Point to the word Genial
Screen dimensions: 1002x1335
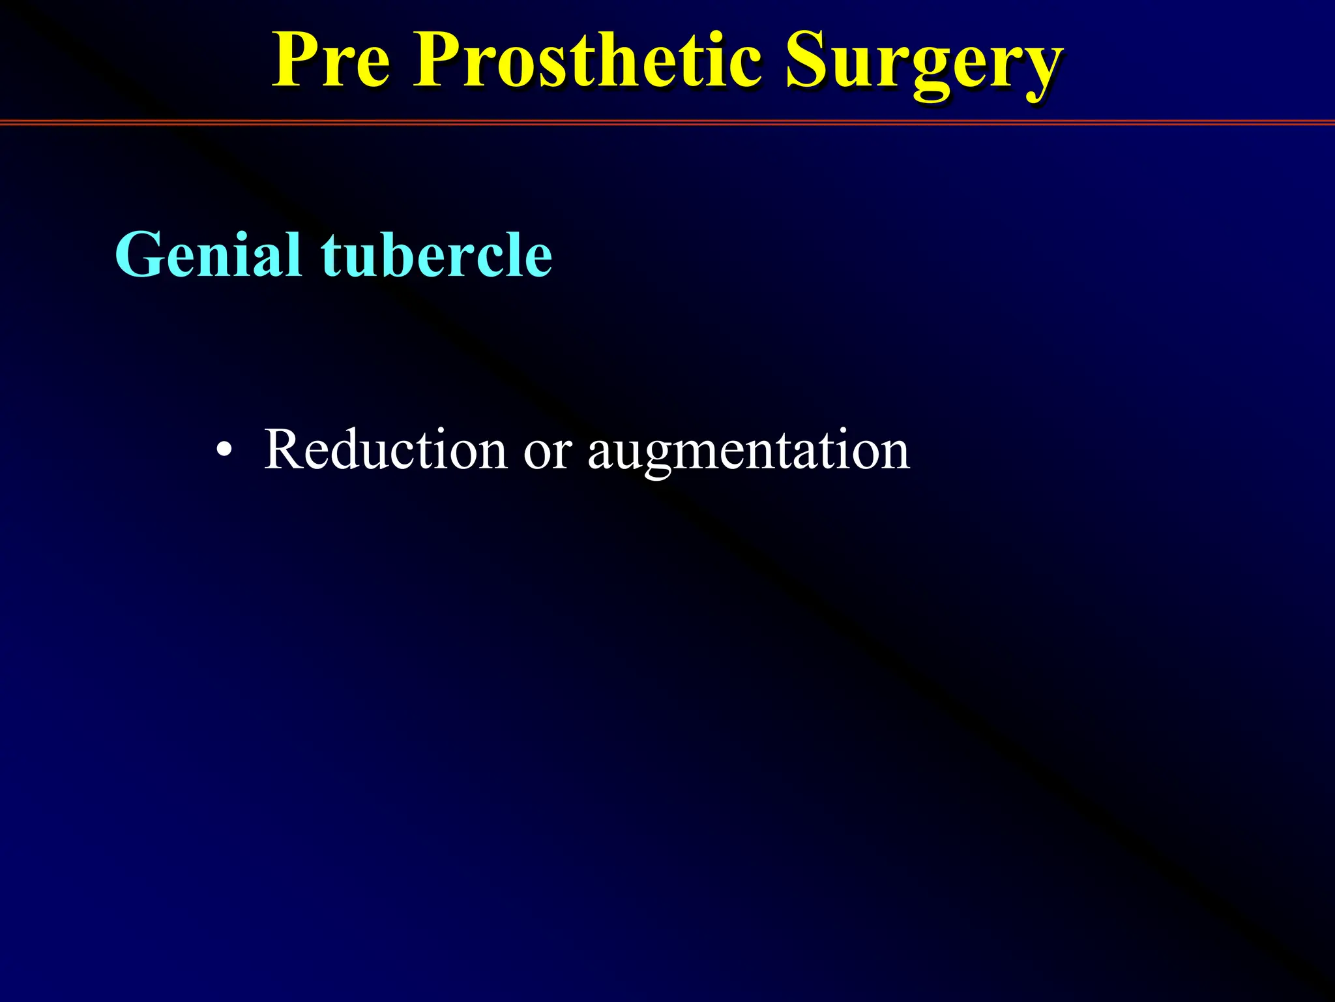point(207,256)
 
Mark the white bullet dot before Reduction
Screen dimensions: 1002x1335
point(224,451)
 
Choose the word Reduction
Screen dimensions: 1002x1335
point(385,450)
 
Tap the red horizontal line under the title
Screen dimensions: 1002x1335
point(667,122)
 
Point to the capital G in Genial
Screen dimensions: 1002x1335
point(139,255)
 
